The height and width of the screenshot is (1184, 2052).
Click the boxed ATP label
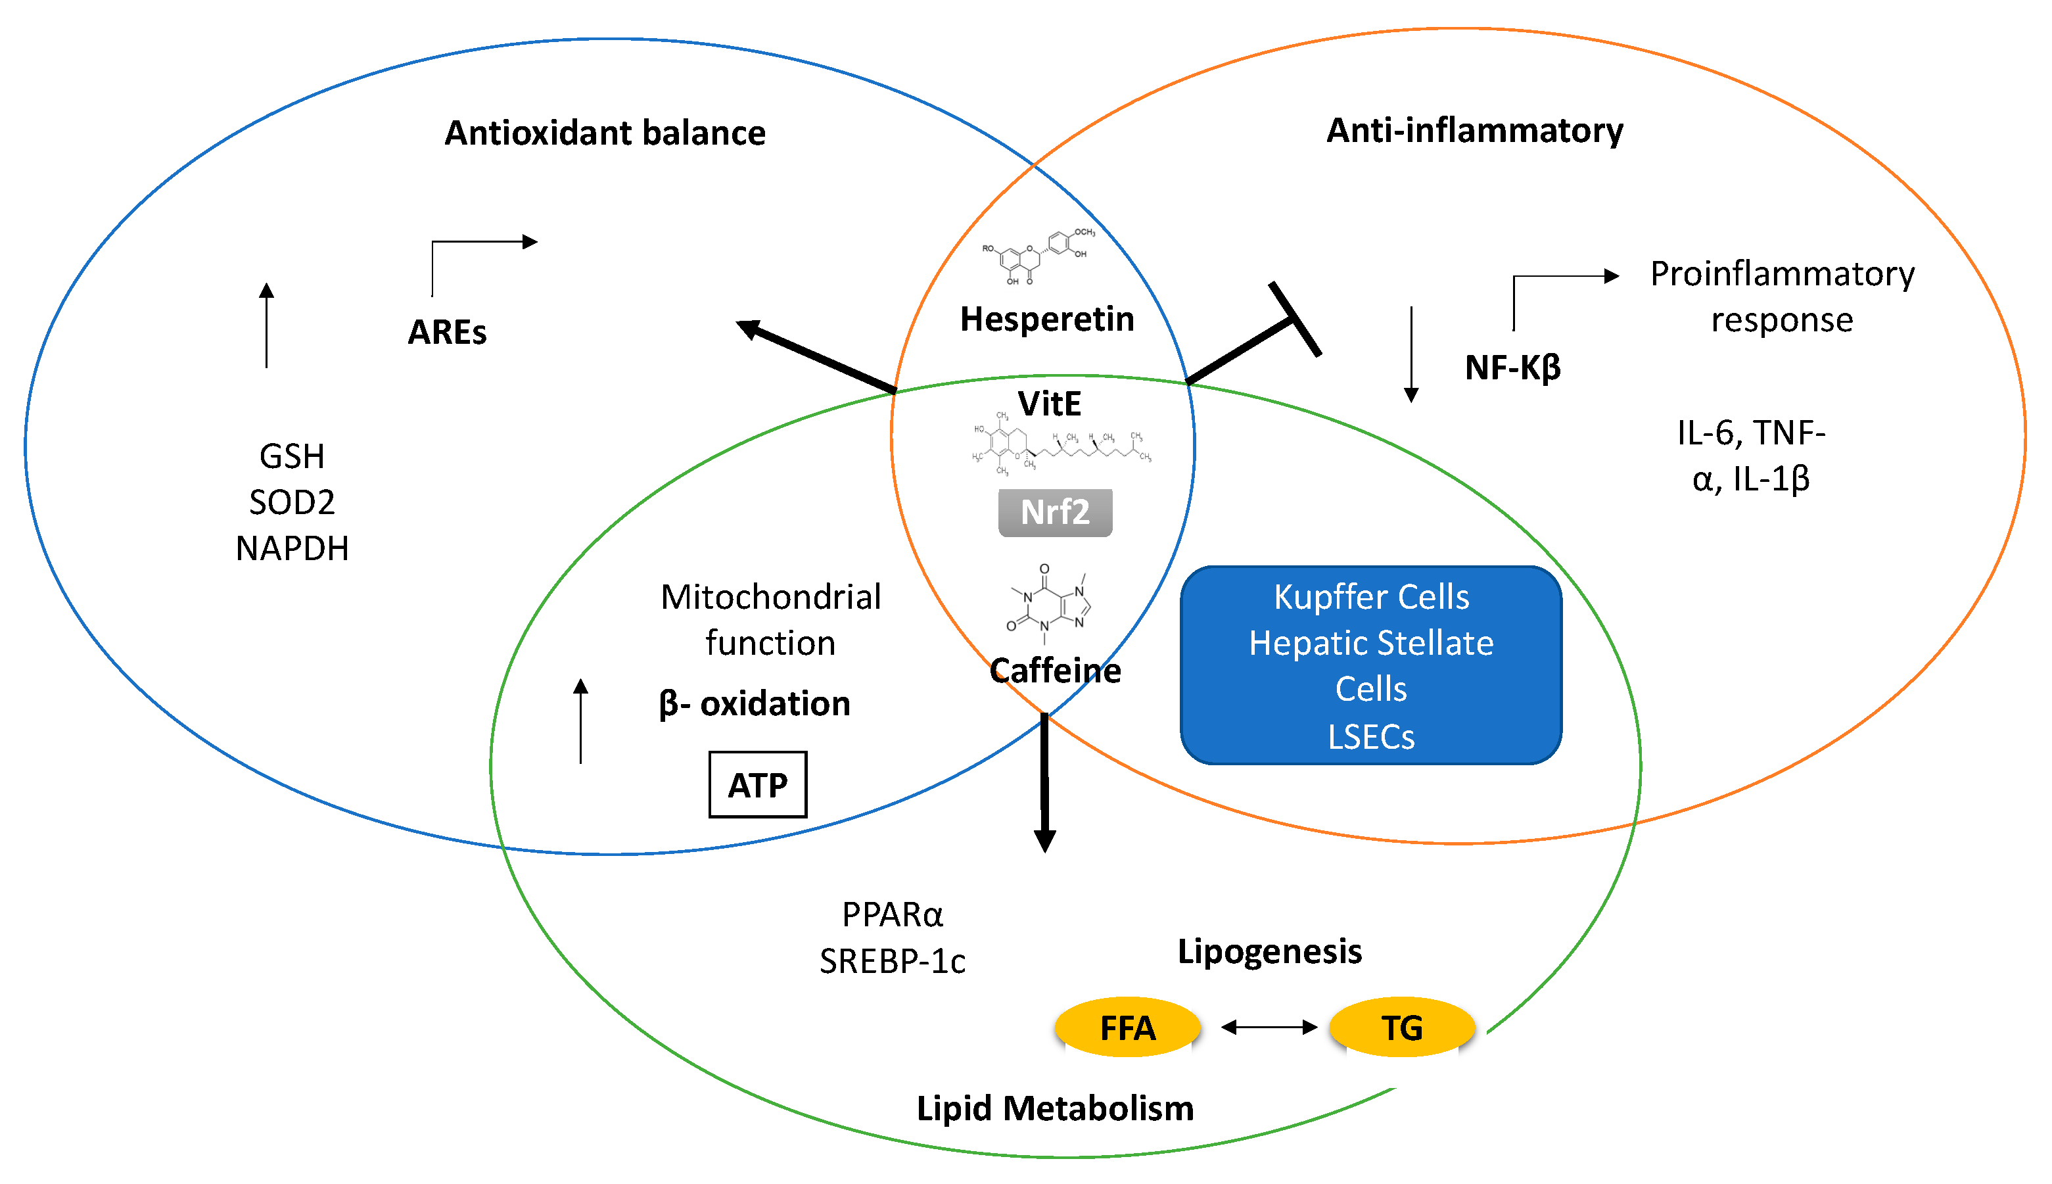click(757, 785)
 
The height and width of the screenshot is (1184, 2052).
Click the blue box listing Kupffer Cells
click(1370, 665)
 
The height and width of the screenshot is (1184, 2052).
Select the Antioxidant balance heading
click(605, 133)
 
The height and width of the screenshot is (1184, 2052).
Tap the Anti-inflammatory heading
click(1474, 130)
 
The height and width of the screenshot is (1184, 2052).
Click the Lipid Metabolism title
click(1054, 1108)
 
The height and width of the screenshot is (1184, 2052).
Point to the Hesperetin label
click(1046, 319)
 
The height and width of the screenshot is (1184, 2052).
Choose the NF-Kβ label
click(1512, 367)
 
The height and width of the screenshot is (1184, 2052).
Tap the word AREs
click(447, 332)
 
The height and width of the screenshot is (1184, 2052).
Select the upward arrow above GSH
click(267, 325)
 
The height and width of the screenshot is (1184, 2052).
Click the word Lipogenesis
click(1269, 951)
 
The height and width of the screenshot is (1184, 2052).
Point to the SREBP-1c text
click(892, 962)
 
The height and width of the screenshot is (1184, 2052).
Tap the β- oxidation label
click(755, 703)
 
